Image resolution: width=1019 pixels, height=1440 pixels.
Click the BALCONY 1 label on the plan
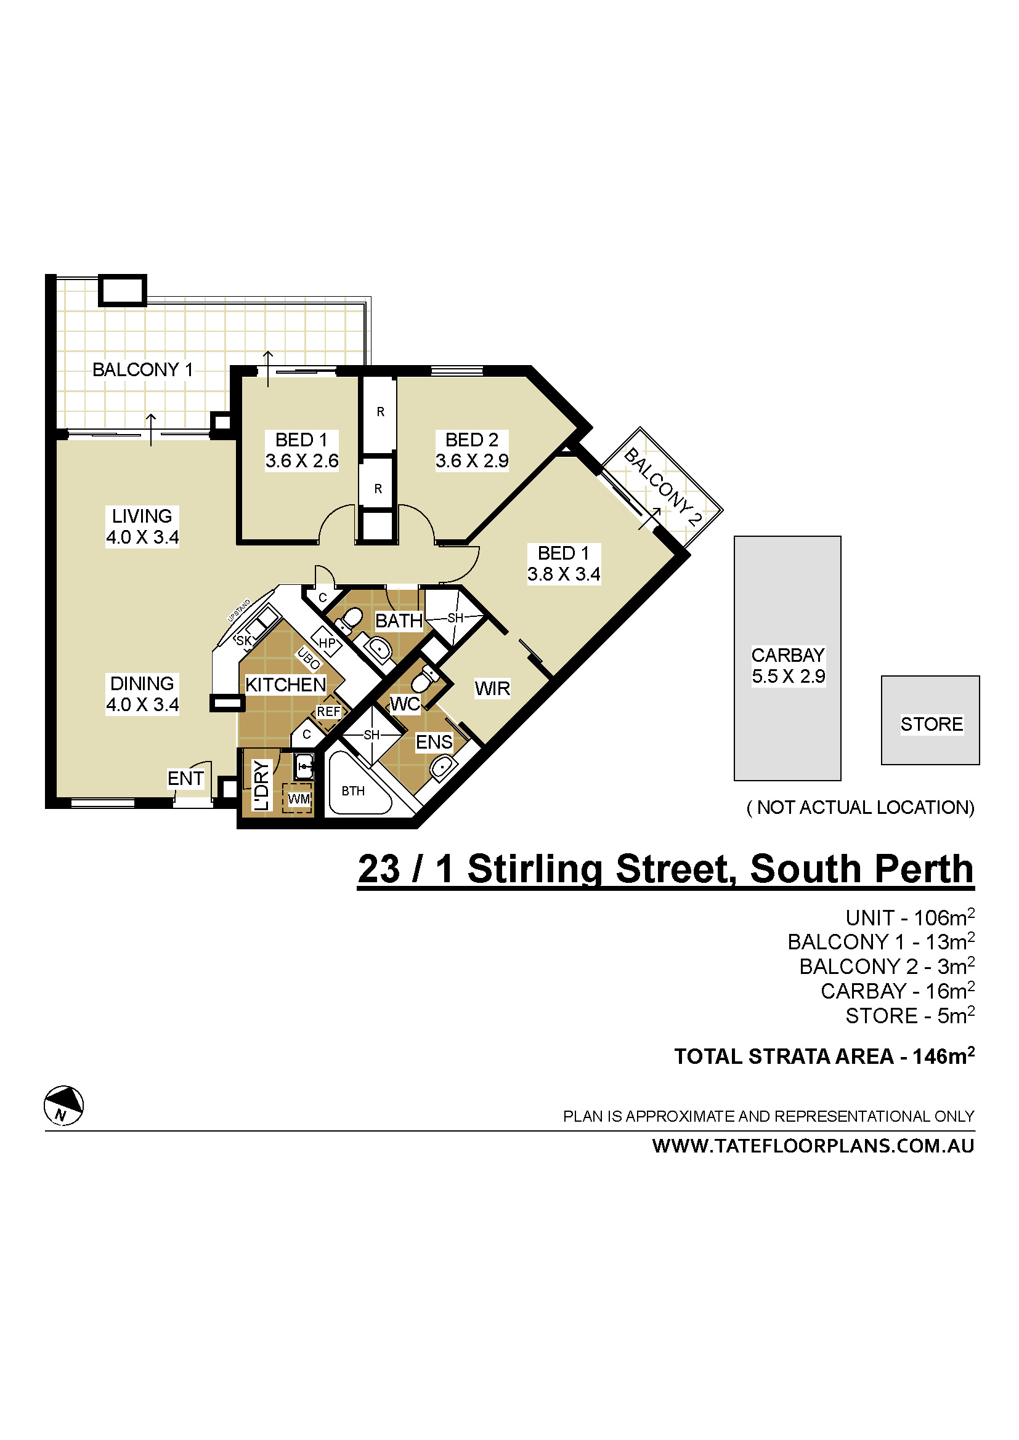click(142, 369)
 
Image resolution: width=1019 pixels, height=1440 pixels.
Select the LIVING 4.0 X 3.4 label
click(142, 526)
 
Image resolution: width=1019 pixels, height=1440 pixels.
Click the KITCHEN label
click(285, 684)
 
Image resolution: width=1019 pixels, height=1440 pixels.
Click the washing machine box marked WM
click(298, 799)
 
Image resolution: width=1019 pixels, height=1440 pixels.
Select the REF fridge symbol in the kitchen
click(328, 712)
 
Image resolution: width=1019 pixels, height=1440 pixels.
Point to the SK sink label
click(243, 640)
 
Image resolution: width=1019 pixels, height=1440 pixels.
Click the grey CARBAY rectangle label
click(788, 666)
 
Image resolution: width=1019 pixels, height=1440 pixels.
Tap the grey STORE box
click(931, 724)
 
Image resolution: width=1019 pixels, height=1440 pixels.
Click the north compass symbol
click(63, 1105)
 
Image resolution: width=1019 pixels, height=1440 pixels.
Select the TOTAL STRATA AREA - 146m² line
click(824, 1056)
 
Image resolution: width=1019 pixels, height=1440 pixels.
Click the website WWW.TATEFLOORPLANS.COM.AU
click(813, 1146)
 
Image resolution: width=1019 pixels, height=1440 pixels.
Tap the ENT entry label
click(185, 778)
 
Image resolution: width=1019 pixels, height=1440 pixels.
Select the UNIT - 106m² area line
click(909, 917)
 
